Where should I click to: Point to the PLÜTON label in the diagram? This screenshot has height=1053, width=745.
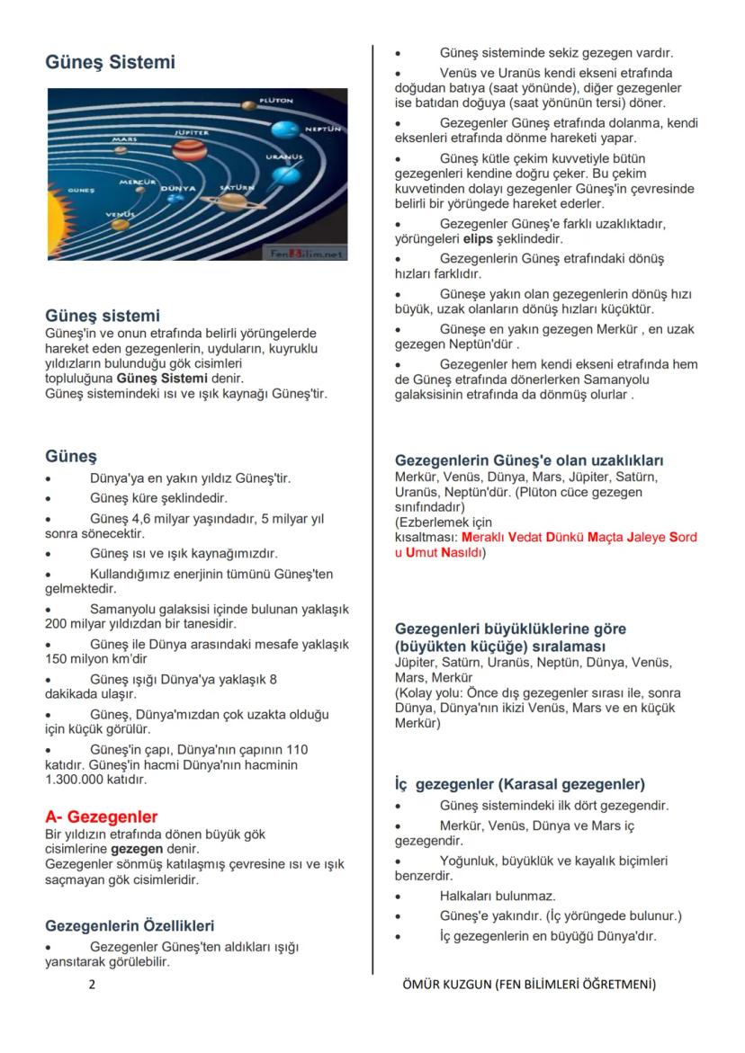coord(275,100)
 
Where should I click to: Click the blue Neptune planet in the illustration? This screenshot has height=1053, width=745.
coord(285,130)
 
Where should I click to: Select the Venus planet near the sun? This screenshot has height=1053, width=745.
coord(120,223)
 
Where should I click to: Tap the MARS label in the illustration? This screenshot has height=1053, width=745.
coord(124,139)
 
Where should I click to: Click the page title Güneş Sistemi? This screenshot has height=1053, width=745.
coord(111,63)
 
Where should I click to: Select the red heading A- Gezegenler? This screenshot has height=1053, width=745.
coord(102,817)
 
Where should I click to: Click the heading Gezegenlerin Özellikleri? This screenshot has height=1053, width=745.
coord(130,925)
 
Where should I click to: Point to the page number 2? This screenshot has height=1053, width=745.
coord(92,985)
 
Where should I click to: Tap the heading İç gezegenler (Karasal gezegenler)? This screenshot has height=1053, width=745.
coord(520,784)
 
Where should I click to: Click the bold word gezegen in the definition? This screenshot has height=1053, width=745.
coord(137,849)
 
